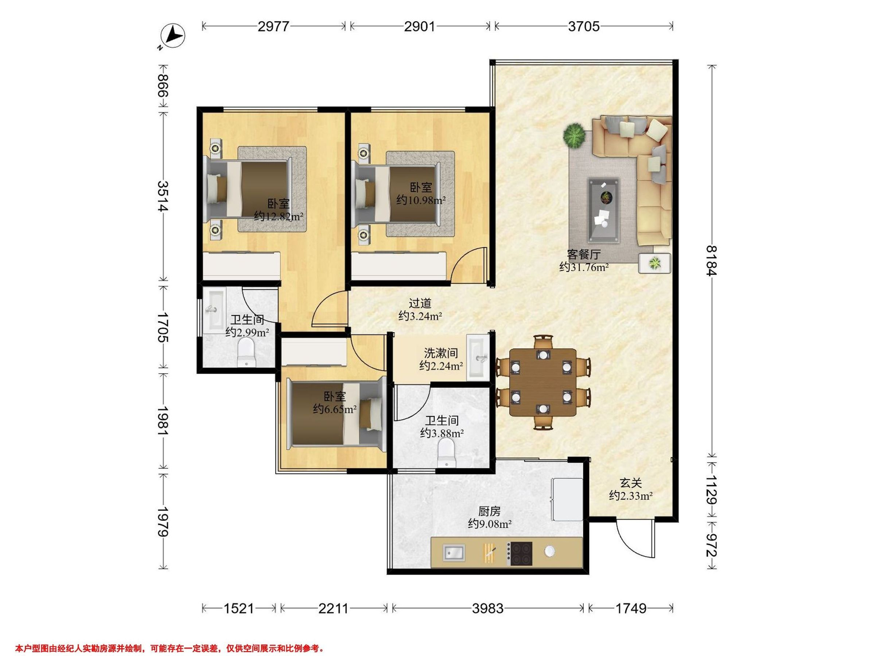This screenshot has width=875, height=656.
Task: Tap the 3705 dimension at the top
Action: [583, 27]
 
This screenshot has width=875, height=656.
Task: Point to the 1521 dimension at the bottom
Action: [238, 608]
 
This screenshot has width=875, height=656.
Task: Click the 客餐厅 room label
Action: [584, 254]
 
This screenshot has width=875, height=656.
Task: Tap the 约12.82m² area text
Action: [279, 216]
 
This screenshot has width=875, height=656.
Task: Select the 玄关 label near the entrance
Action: [630, 483]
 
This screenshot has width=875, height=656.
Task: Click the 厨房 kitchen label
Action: [489, 511]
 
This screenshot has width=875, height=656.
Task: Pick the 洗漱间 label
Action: [441, 353]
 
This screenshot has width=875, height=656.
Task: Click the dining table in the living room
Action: [543, 382]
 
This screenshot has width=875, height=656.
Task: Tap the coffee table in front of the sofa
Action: [604, 210]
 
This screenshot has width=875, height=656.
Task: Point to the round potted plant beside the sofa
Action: [574, 136]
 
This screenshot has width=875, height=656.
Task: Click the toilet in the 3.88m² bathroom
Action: [447, 454]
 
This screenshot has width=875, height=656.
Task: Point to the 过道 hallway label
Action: [420, 303]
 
